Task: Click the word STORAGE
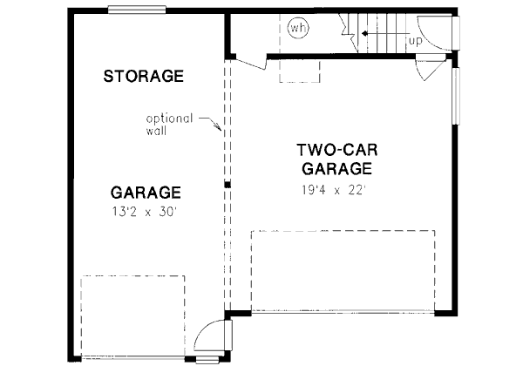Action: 143,76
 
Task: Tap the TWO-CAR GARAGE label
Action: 336,158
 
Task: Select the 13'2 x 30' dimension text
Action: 146,211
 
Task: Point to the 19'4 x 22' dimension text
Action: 337,187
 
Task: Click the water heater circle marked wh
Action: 299,28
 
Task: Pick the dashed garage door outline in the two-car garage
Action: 342,270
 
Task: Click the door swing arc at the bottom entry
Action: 209,335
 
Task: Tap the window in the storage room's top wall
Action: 137,10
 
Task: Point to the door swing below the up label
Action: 428,68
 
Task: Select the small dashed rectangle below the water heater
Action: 292,70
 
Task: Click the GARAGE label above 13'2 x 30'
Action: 146,193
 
